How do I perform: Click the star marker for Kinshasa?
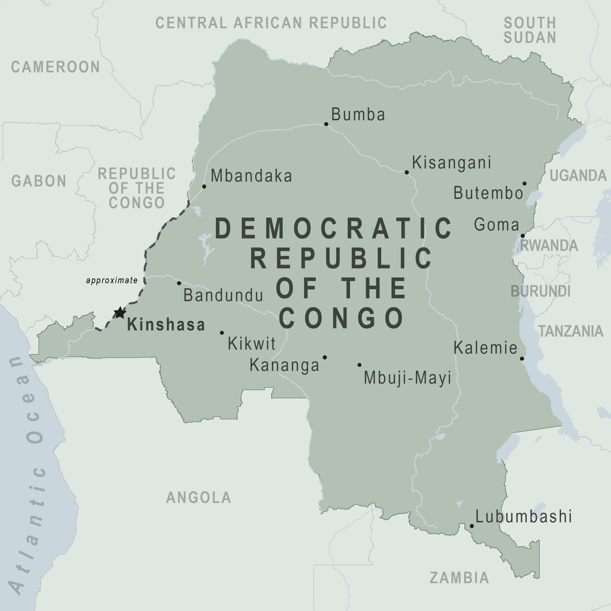(x=120, y=313)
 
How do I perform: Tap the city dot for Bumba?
(x=326, y=124)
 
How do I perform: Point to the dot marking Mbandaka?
(x=204, y=187)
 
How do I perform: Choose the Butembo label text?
(x=488, y=193)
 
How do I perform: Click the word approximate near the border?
(x=112, y=280)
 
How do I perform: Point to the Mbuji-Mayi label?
(x=407, y=378)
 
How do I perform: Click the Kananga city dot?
(x=324, y=357)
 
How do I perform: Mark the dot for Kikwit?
(x=222, y=333)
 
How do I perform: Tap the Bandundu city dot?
(x=179, y=283)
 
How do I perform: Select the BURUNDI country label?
(x=541, y=291)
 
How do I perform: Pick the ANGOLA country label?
(x=199, y=497)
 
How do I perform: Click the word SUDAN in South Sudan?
(x=530, y=38)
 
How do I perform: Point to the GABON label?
(x=39, y=181)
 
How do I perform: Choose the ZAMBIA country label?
(x=459, y=578)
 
